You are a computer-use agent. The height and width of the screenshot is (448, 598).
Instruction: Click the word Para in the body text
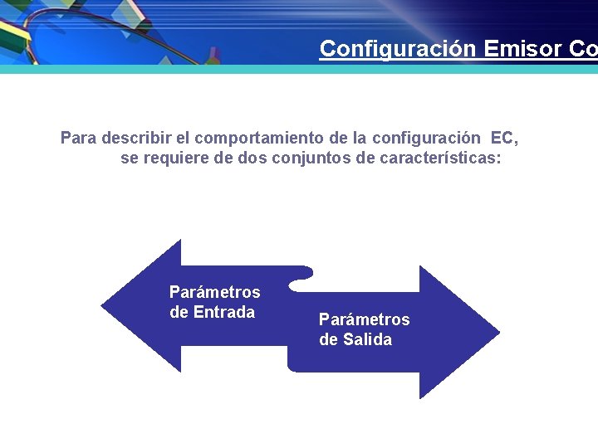coord(79,138)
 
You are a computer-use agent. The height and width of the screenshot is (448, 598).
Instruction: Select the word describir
coord(136,138)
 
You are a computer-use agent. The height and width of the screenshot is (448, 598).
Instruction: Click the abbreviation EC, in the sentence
coord(505,139)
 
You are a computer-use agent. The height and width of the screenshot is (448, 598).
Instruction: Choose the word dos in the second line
coord(252,158)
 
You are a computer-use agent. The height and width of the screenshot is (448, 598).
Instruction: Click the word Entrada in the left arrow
coord(224,312)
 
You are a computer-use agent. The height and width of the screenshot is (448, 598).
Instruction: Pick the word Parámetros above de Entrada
coord(215,292)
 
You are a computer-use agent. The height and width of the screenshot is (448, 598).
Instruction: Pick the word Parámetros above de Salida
coord(365,319)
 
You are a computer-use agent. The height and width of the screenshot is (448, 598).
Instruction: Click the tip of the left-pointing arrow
coord(101,305)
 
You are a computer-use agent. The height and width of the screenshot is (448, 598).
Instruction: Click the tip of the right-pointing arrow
coord(499,332)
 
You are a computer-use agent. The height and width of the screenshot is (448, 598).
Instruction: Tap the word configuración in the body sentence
coord(426,139)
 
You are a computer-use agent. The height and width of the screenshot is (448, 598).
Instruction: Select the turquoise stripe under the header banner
coord(299,69)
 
